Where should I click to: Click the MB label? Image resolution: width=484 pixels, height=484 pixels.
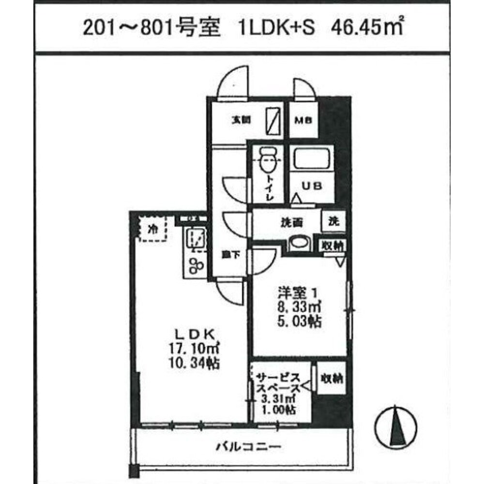tap(304, 121)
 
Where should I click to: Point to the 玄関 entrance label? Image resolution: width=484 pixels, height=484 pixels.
tap(237, 121)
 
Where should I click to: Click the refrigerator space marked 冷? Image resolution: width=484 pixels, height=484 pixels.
tap(152, 228)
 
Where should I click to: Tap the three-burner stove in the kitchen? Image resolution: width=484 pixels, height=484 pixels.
tap(196, 264)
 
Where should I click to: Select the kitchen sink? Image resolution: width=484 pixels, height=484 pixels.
tap(196, 239)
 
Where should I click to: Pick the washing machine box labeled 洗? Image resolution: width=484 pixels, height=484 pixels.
tap(334, 221)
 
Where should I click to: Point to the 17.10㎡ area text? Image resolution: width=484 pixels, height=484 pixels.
tap(193, 348)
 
